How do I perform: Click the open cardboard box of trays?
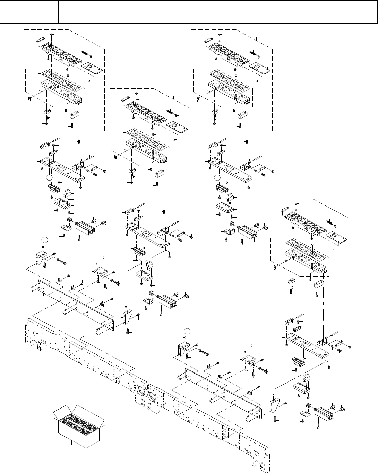(x=78, y=425)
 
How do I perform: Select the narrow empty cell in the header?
(x=29, y=12)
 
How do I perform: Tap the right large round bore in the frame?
(x=154, y=398)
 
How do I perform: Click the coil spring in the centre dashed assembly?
(x=170, y=111)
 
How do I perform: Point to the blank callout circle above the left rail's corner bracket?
(x=44, y=239)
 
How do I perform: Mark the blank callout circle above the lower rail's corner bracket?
(x=187, y=331)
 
